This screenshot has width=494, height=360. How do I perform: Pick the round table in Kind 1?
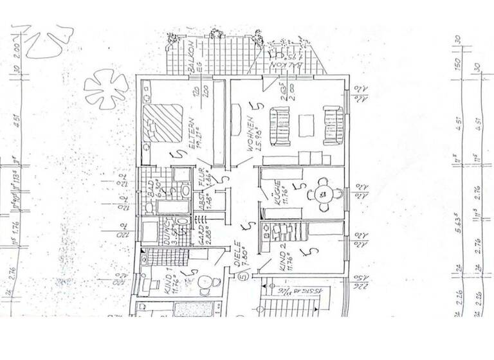pos(205,282)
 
